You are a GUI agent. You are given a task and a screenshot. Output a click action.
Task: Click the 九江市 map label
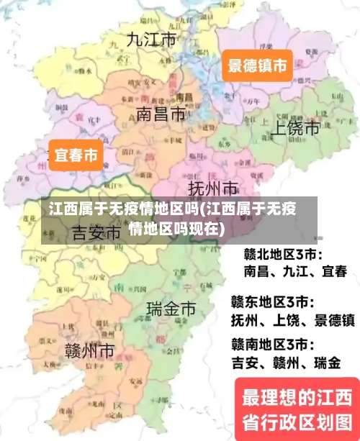151,40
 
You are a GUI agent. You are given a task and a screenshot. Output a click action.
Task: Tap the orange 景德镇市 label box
257,66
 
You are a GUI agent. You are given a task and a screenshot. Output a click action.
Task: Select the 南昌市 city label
161,114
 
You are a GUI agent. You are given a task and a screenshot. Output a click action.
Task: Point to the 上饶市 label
294,128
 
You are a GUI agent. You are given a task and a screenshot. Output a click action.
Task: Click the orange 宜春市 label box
76,155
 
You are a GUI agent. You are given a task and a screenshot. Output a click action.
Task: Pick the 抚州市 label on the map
213,188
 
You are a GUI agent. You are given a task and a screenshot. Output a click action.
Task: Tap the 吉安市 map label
96,233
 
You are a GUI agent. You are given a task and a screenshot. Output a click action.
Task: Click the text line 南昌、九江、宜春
295,272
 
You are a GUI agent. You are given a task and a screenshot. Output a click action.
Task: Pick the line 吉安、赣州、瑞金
285,363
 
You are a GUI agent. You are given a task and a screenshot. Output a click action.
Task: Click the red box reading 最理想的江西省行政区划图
296,407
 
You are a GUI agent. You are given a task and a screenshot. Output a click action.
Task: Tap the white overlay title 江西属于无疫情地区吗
173,219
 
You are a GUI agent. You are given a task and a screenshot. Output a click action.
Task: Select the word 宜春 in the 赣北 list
333,272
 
